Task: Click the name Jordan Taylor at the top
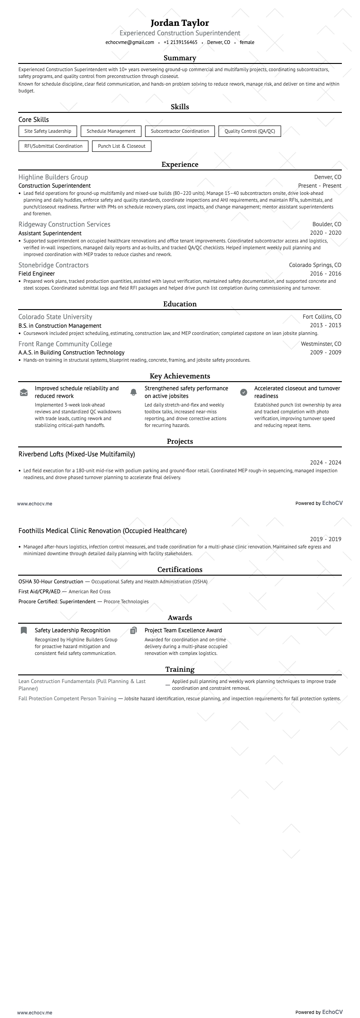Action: tap(180, 23)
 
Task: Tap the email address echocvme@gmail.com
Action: tap(130, 43)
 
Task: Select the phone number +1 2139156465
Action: tap(180, 43)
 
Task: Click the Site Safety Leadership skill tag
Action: tap(48, 131)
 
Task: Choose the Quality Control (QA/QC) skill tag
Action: tap(249, 131)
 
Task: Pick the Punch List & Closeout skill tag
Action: tap(122, 146)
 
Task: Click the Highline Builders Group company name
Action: tap(53, 177)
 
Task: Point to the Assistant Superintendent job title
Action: tap(50, 233)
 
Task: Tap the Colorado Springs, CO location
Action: tap(315, 265)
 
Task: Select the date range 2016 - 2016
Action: tap(326, 274)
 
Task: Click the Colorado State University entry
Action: tap(55, 317)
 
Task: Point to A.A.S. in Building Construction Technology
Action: tap(71, 353)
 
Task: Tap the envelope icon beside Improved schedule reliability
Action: tap(24, 393)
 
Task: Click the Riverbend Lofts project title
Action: tap(77, 454)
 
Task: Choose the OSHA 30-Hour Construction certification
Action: tap(51, 582)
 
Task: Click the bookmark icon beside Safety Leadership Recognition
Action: tap(24, 630)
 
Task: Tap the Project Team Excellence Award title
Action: tap(183, 630)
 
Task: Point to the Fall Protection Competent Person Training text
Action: tap(67, 698)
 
